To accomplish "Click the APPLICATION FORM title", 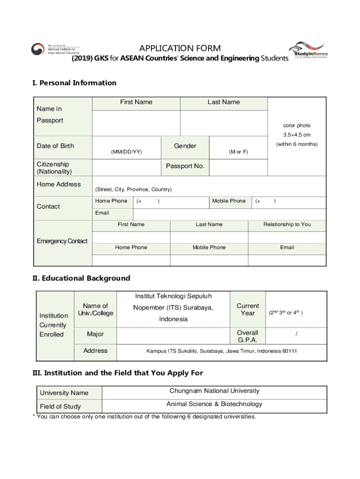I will (x=180, y=49).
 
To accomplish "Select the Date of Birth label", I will (x=55, y=146).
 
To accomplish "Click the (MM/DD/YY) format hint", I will (x=126, y=152).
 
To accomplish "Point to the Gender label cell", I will (x=185, y=146).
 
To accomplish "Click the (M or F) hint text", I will (x=238, y=152).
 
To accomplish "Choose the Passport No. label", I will (x=185, y=166).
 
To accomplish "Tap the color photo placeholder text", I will (x=296, y=125).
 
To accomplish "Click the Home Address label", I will (x=59, y=184).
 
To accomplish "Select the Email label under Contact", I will (x=102, y=213).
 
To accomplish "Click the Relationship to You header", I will (x=287, y=225).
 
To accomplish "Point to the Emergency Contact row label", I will (x=62, y=241).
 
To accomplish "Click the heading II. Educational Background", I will (x=81, y=278).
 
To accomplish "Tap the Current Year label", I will (x=247, y=309).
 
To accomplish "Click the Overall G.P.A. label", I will (x=247, y=336).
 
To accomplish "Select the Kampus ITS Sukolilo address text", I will (x=222, y=351).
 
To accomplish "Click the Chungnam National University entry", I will (x=214, y=391).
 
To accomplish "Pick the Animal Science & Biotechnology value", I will (x=214, y=404).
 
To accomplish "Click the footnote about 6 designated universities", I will (x=144, y=416).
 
